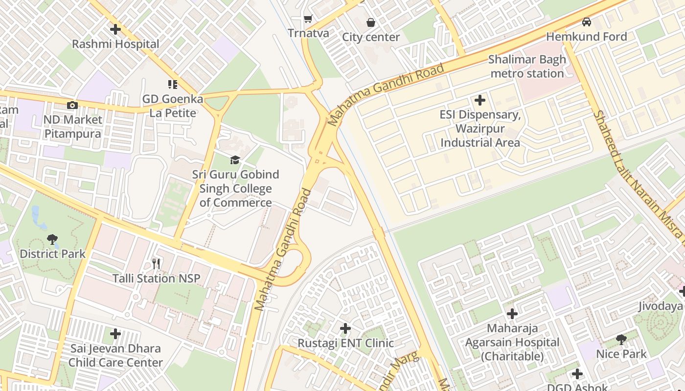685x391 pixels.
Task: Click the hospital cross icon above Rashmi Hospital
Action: pos(115,29)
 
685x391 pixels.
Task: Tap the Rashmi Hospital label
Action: pos(115,44)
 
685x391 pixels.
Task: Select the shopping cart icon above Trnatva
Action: pos(308,19)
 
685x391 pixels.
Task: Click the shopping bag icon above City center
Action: pos(371,22)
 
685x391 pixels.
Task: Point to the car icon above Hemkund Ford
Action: pos(586,22)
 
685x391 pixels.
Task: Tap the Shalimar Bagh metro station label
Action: pos(527,66)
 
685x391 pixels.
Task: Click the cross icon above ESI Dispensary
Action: pos(480,100)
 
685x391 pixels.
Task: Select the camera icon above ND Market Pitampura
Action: pos(72,105)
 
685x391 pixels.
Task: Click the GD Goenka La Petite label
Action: pos(172,106)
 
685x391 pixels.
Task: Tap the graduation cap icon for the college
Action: pos(235,160)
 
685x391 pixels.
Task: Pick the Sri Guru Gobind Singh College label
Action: pos(235,189)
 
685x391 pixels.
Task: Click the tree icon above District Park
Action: pos(52,239)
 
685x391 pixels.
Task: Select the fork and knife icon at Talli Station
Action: pos(156,264)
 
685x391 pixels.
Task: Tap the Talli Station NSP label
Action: pos(156,279)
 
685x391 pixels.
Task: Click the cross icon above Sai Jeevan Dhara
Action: pos(115,334)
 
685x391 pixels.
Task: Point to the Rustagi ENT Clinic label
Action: pos(345,343)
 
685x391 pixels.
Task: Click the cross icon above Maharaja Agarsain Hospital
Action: pos(512,313)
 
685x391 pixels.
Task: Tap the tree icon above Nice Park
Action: pos(621,339)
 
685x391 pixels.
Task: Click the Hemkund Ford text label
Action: pos(586,37)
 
